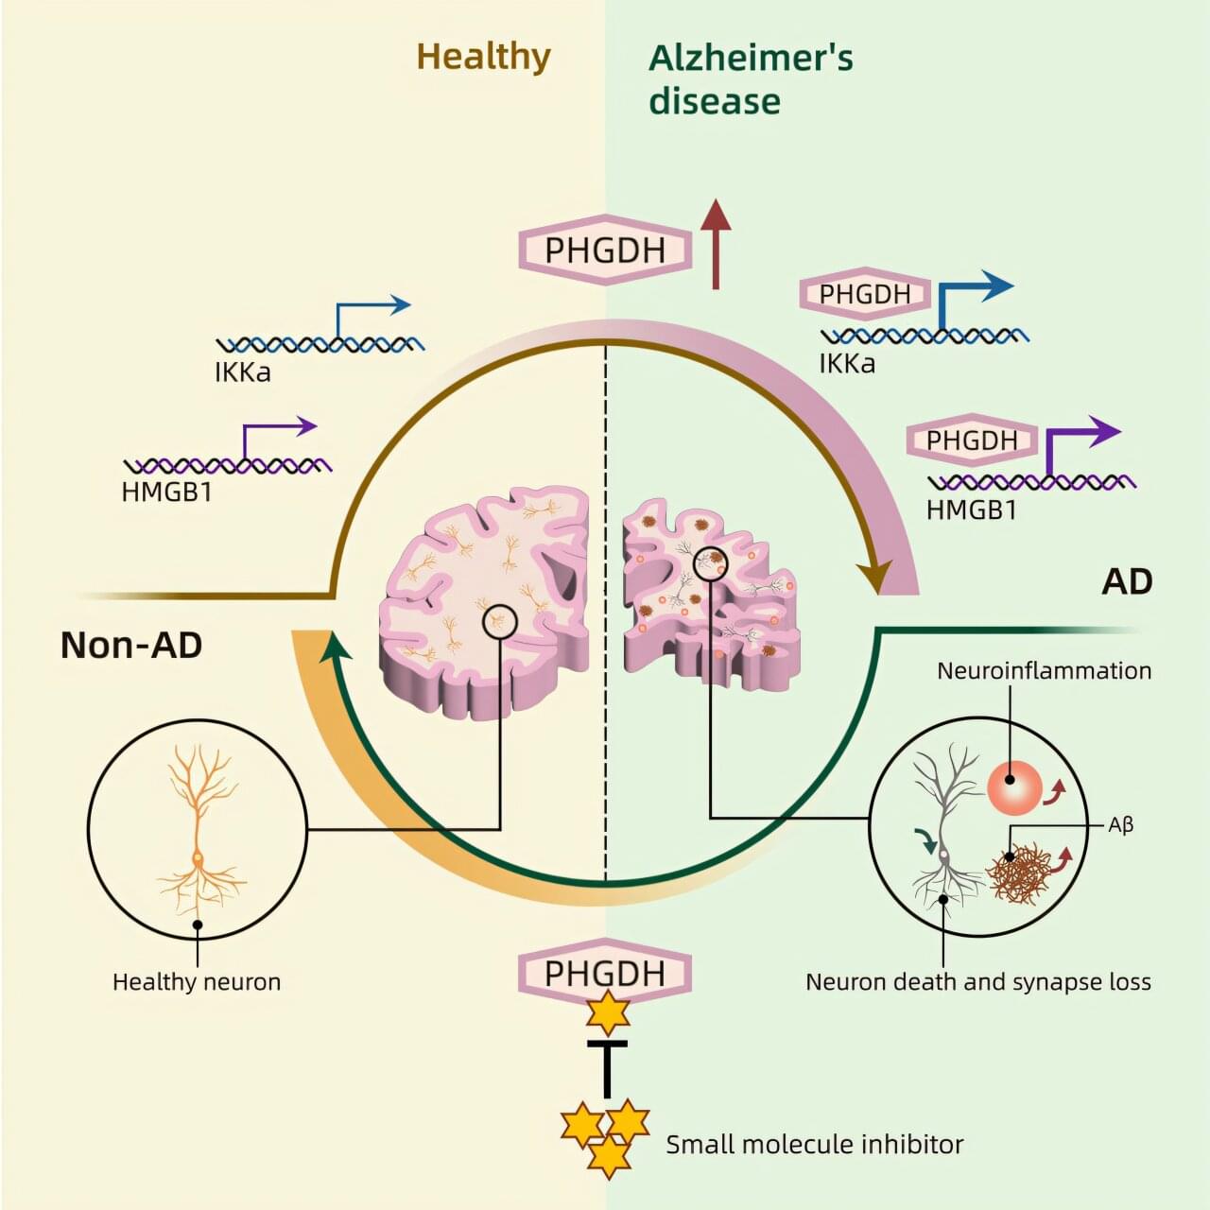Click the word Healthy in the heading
point(483,57)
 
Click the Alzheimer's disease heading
point(750,78)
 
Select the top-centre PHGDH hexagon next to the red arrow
point(605,251)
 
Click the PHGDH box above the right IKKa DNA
point(864,294)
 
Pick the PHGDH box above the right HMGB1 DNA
point(971,441)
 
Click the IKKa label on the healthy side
point(243,372)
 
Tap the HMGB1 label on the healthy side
point(166,492)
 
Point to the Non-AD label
point(131,646)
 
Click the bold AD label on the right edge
point(1127,581)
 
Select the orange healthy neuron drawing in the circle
point(199,832)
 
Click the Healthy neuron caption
point(197,982)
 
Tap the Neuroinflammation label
point(1044,671)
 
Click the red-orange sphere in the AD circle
point(1014,787)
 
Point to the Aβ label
point(1120,825)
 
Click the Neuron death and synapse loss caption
point(977,982)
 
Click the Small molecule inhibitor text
point(814,1145)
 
